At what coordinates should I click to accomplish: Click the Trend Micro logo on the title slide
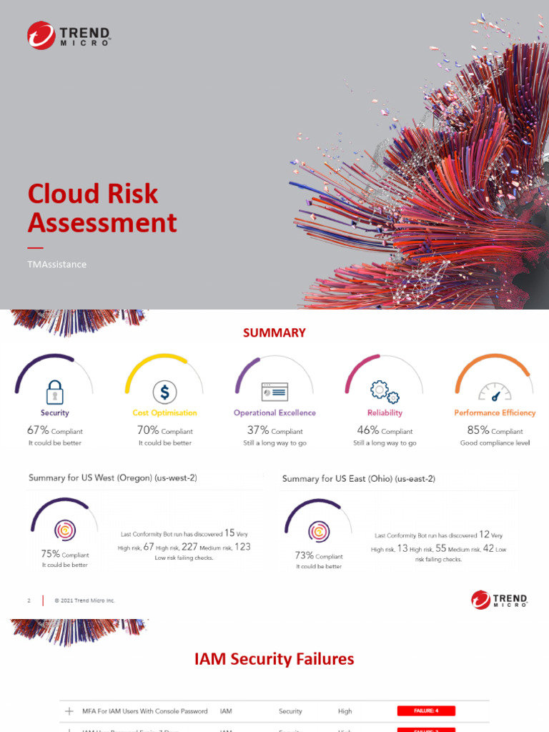[x=68, y=35]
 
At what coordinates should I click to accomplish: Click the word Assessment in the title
[x=102, y=223]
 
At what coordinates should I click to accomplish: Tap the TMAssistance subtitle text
[x=57, y=264]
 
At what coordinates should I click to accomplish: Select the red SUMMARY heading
[x=274, y=332]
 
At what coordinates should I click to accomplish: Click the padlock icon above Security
[x=55, y=392]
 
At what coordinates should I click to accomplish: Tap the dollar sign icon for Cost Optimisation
[x=165, y=392]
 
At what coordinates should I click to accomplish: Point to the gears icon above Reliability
[x=385, y=392]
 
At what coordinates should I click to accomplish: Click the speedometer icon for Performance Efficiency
[x=495, y=392]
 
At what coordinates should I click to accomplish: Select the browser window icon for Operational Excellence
[x=274, y=392]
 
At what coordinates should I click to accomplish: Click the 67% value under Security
[x=38, y=430]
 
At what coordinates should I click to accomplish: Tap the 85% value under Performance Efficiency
[x=478, y=430]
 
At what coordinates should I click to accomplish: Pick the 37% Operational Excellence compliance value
[x=258, y=430]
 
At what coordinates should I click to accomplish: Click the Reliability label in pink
[x=385, y=412]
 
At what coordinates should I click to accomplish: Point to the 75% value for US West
[x=51, y=554]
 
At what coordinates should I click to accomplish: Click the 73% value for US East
[x=305, y=555]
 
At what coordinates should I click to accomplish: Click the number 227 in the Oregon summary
[x=189, y=547]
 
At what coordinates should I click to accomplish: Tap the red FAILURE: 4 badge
[x=426, y=711]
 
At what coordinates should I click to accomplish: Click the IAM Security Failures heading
[x=274, y=658]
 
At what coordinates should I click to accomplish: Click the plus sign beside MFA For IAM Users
[x=69, y=711]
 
